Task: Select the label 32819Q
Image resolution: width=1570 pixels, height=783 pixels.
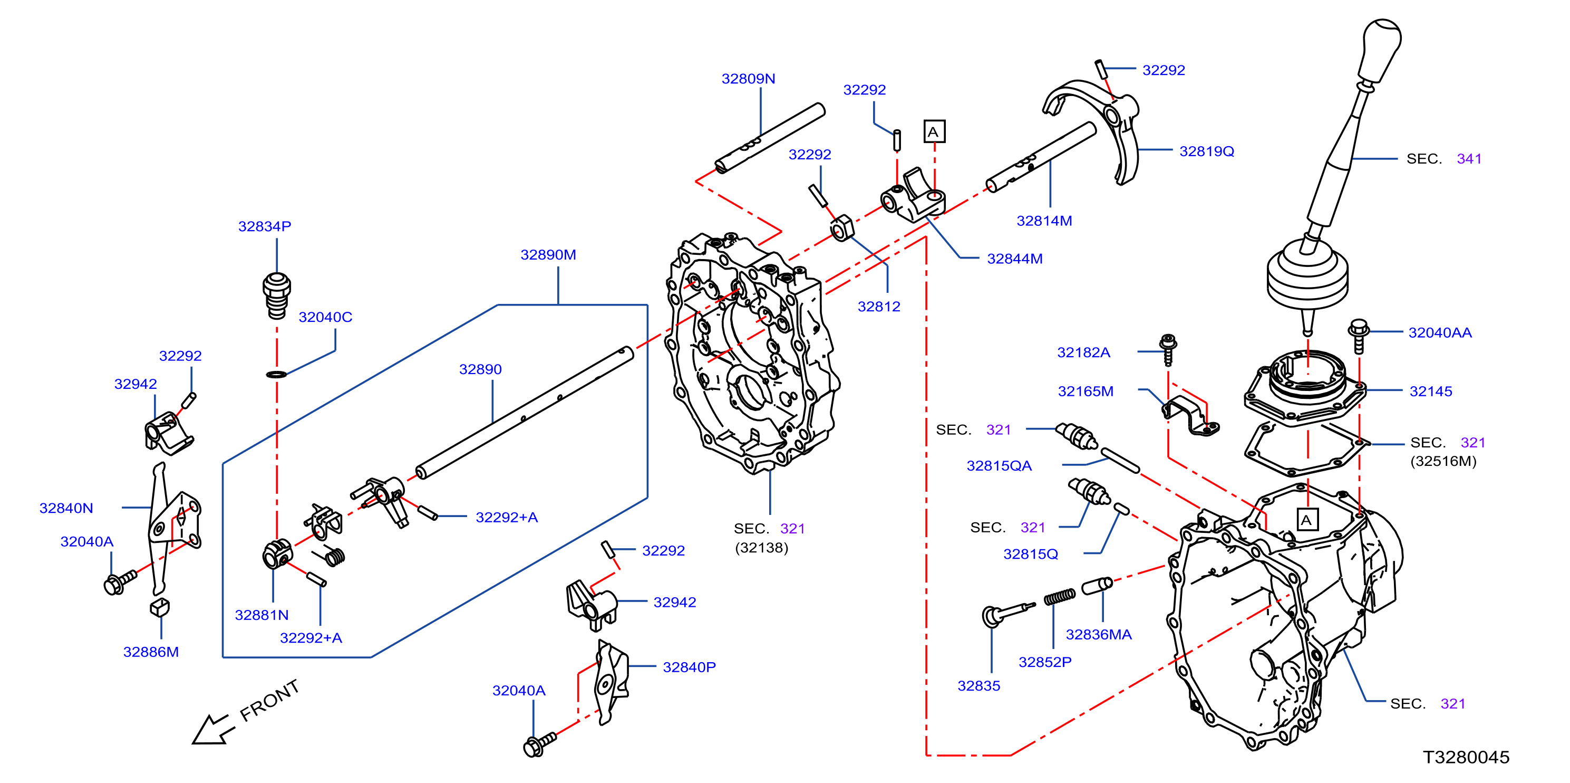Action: pyautogui.click(x=1206, y=151)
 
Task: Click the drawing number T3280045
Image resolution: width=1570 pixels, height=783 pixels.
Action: pyautogui.click(x=1466, y=757)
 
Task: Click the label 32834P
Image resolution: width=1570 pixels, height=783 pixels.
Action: pyautogui.click(x=265, y=226)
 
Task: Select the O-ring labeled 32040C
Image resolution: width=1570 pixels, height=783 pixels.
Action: pyautogui.click(x=277, y=374)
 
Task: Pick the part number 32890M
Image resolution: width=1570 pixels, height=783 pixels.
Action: pyautogui.click(x=548, y=255)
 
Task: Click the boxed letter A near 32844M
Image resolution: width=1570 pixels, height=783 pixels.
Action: pyautogui.click(x=934, y=132)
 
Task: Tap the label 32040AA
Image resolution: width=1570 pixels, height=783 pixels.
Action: pyautogui.click(x=1440, y=332)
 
